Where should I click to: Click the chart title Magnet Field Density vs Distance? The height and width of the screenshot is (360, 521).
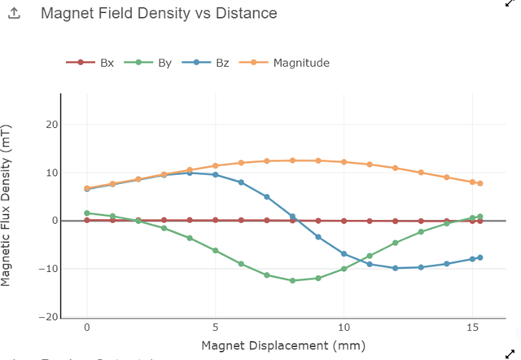pyautogui.click(x=159, y=14)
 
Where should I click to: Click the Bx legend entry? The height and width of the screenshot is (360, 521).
pyautogui.click(x=107, y=63)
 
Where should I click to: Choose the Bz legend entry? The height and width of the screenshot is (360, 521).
pyautogui.click(x=221, y=63)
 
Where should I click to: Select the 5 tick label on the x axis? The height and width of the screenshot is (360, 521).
pyautogui.click(x=215, y=327)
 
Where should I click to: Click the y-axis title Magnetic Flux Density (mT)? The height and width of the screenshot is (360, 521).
pyautogui.click(x=7, y=205)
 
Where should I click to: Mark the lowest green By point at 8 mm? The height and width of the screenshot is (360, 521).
pyautogui.click(x=292, y=280)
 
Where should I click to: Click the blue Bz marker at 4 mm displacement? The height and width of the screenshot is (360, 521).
pyautogui.click(x=190, y=173)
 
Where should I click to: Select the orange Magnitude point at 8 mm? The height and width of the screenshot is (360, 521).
pyautogui.click(x=292, y=160)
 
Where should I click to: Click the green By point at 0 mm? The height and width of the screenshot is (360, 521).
pyautogui.click(x=87, y=213)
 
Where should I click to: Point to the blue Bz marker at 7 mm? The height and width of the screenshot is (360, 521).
pyautogui.click(x=266, y=196)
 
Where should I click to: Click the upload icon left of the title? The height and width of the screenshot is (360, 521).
pyautogui.click(x=14, y=15)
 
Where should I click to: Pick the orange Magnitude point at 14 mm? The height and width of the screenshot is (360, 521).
pyautogui.click(x=446, y=177)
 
